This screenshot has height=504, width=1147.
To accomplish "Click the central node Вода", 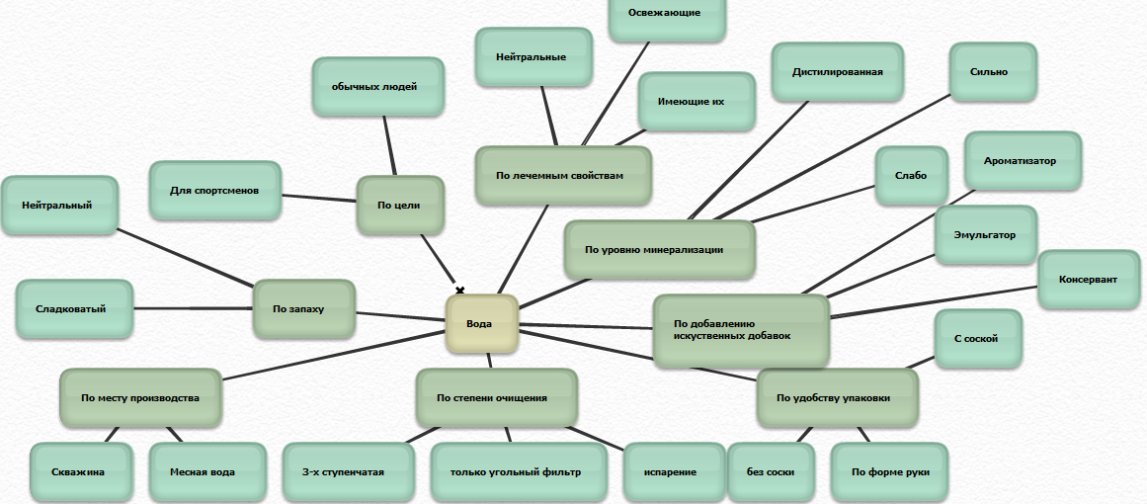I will (481, 324).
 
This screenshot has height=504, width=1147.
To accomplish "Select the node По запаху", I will (303, 309).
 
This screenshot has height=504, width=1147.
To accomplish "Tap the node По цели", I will (400, 206).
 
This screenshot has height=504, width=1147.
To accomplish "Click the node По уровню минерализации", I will (659, 250).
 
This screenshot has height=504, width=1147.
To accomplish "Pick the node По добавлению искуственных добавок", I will (740, 330).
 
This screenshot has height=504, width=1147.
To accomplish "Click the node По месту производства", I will (140, 398).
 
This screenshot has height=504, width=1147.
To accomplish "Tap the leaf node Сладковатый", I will (74, 309).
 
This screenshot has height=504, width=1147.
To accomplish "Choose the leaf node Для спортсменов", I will (214, 190).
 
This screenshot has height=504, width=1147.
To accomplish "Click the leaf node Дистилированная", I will (837, 72).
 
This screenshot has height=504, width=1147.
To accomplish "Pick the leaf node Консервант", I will (1088, 280).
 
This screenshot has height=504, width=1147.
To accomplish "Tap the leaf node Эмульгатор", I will (984, 235).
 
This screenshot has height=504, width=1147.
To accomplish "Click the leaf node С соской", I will (976, 339).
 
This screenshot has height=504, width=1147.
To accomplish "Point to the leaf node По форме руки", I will (889, 472).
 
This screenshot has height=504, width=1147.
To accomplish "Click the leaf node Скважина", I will (80, 472).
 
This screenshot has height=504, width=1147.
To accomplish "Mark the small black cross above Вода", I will (459, 290).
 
